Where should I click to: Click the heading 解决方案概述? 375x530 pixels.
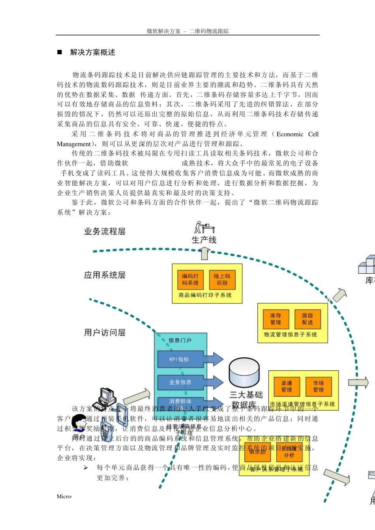pyautogui.click(x=92, y=52)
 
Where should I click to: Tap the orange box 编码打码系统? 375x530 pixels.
pyautogui.click(x=190, y=280)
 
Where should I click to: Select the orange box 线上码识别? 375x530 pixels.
pyautogui.click(x=222, y=280)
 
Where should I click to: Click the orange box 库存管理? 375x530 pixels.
pyautogui.click(x=276, y=319)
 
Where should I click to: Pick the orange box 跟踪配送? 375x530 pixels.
pyautogui.click(x=307, y=319)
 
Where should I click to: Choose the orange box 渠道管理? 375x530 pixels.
pyautogui.click(x=287, y=386)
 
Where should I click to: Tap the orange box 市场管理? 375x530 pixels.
pyautogui.click(x=319, y=386)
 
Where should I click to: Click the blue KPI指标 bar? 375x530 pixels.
pyautogui.click(x=180, y=359)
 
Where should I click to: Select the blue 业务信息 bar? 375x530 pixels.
pyautogui.click(x=180, y=382)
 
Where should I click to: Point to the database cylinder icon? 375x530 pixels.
pyautogui.click(x=244, y=373)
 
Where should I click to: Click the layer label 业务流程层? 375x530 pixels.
pyautogui.click(x=105, y=231)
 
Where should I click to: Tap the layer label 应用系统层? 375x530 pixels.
pyautogui.click(x=105, y=275)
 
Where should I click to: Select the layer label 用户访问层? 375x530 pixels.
pyautogui.click(x=105, y=333)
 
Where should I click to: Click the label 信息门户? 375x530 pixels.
pyautogui.click(x=180, y=340)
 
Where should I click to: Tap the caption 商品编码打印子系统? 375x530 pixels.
pyautogui.click(x=205, y=295)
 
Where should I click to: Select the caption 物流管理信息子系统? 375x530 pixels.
pyautogui.click(x=291, y=335)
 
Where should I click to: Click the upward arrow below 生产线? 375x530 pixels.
pyautogui.click(x=204, y=253)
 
